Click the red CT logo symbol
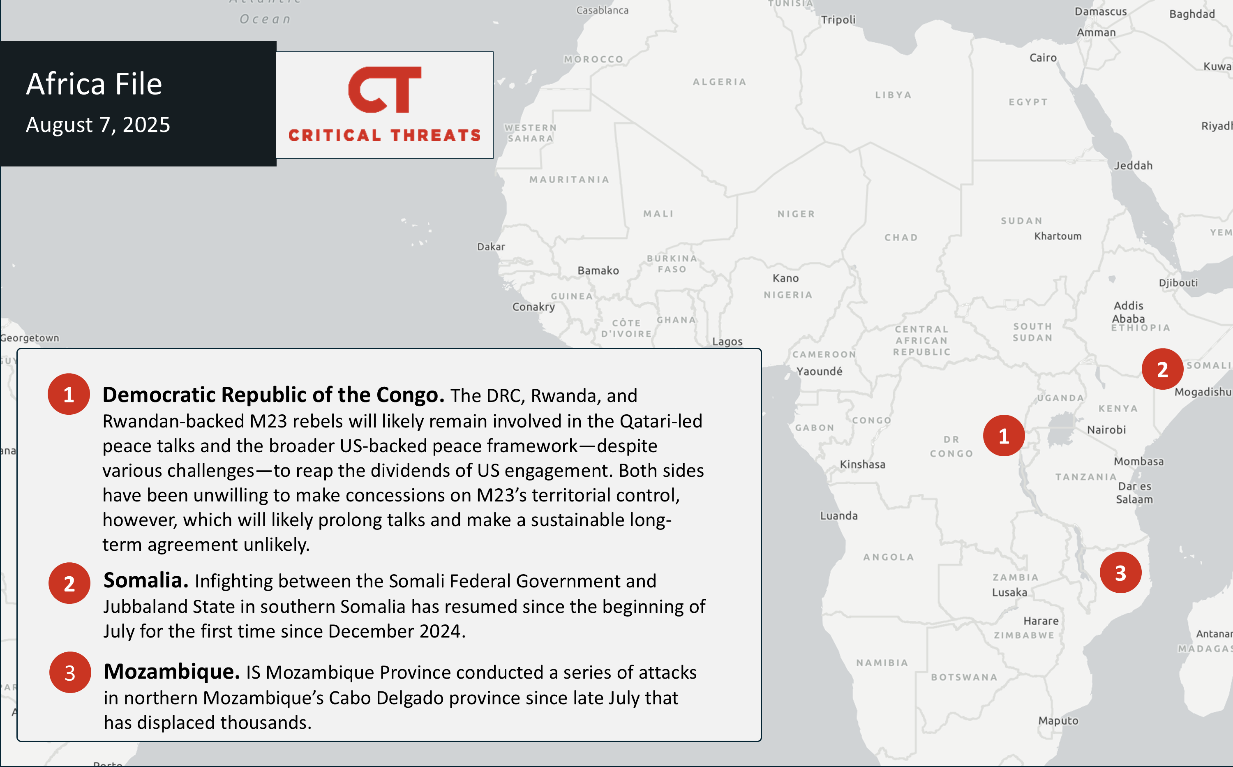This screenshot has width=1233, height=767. coord(384,89)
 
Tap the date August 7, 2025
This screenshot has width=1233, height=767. coord(98,125)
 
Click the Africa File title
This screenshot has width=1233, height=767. coord(95,84)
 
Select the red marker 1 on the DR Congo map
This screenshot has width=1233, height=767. coord(1004,436)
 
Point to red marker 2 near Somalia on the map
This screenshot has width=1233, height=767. coord(1162,369)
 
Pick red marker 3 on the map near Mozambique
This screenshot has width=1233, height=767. coord(1120,573)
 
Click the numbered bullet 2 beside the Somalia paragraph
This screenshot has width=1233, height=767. coord(69,583)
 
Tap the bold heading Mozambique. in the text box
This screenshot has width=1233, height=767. coord(172,672)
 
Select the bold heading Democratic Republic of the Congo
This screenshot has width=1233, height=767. coord(273,395)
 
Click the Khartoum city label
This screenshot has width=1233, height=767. coord(1058,236)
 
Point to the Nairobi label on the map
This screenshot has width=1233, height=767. coord(1106,430)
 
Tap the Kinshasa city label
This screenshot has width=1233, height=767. coord(862,464)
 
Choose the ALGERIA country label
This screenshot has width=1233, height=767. coord(719,82)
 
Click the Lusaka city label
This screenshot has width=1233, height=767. coord(1009,592)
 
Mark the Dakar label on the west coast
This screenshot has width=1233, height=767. coord(491,247)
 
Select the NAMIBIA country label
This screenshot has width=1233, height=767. coord(882,663)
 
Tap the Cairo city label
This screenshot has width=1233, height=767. coord(1043,58)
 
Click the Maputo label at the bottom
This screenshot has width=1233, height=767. coord(1058,721)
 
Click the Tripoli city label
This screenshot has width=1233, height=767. coord(838,20)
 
